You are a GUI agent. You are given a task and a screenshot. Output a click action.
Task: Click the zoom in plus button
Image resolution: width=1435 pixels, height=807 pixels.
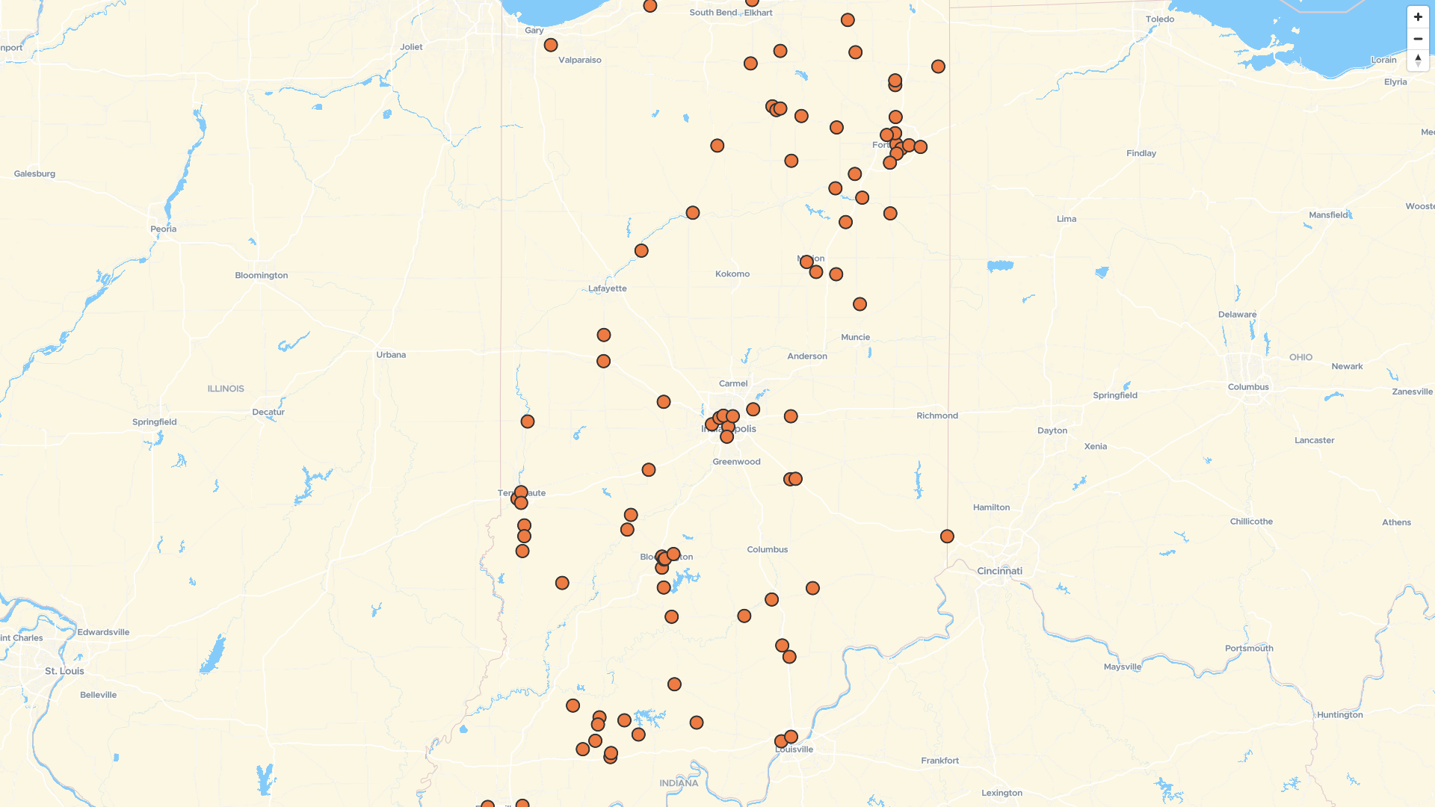1418,17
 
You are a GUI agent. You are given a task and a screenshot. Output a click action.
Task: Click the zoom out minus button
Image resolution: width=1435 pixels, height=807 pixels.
1418,39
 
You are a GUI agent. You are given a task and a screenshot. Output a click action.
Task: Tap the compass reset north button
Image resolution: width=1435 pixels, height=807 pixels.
1418,61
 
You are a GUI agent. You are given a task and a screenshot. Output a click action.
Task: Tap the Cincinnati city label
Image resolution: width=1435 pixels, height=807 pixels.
999,571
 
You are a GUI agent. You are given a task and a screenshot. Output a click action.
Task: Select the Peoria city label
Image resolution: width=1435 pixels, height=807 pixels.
163,229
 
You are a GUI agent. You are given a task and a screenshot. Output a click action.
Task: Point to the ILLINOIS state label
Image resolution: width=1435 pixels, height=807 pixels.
226,389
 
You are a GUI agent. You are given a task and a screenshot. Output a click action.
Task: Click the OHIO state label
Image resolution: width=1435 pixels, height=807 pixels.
1300,357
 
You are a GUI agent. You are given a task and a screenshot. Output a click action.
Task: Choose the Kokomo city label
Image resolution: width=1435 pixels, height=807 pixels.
732,273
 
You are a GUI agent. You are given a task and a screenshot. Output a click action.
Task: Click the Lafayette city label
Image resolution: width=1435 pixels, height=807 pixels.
607,288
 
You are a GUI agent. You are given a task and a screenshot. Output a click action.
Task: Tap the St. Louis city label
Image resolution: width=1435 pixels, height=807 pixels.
64,671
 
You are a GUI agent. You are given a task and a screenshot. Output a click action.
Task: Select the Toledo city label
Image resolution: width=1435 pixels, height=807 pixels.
1159,19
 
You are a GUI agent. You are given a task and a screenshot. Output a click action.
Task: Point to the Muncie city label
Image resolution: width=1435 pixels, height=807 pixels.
855,337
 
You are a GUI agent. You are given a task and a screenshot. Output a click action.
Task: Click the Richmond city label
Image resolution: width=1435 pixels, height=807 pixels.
936,415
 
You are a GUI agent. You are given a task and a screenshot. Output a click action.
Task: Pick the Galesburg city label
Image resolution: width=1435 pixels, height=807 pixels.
34,173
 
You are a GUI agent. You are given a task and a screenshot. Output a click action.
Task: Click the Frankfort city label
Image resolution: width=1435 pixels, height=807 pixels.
939,761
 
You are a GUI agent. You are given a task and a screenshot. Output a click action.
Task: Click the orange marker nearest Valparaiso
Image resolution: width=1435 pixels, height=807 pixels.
551,45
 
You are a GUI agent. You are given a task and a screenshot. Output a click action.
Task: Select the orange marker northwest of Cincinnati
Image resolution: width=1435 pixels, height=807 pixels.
947,537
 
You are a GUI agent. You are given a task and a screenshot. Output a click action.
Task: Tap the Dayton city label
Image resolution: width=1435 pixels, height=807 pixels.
1052,430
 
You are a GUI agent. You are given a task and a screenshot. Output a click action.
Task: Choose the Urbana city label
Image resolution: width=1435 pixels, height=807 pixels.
391,355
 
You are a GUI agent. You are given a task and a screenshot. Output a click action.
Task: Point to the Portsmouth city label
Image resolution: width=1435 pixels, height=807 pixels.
1249,649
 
